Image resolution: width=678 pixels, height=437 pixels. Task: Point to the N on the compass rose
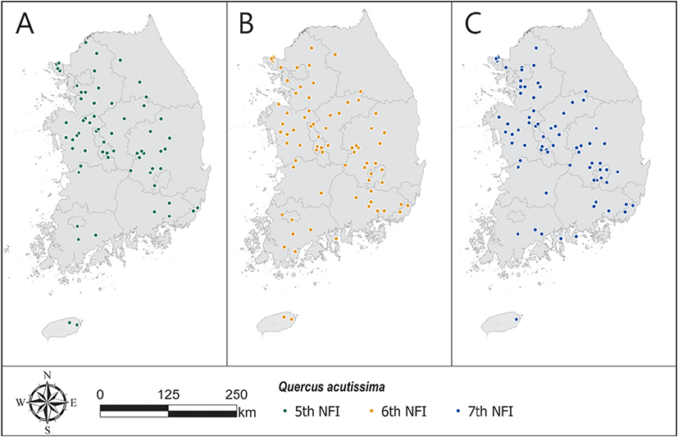pyautogui.click(x=48, y=376)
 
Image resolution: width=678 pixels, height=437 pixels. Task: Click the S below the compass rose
pyautogui.click(x=48, y=429)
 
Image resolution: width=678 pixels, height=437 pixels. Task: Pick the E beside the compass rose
pyautogui.click(x=74, y=403)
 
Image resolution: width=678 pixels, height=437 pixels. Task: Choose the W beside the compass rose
pyautogui.click(x=20, y=403)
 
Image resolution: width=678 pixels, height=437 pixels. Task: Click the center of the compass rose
pyautogui.click(x=48, y=403)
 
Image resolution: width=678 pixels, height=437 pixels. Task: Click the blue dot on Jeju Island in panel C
pyautogui.click(x=516, y=319)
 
